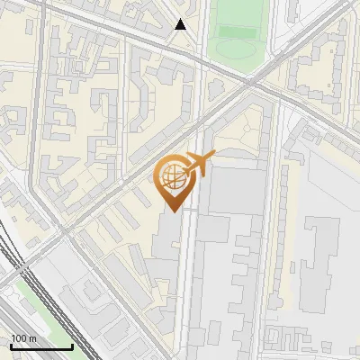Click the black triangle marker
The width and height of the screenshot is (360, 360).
click(x=181, y=24)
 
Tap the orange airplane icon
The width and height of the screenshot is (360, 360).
click(x=200, y=164)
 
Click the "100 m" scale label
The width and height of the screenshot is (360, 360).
click(x=23, y=338)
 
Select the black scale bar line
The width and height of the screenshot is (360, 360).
click(x=41, y=346)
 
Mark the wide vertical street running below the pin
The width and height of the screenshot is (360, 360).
click(x=187, y=288)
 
